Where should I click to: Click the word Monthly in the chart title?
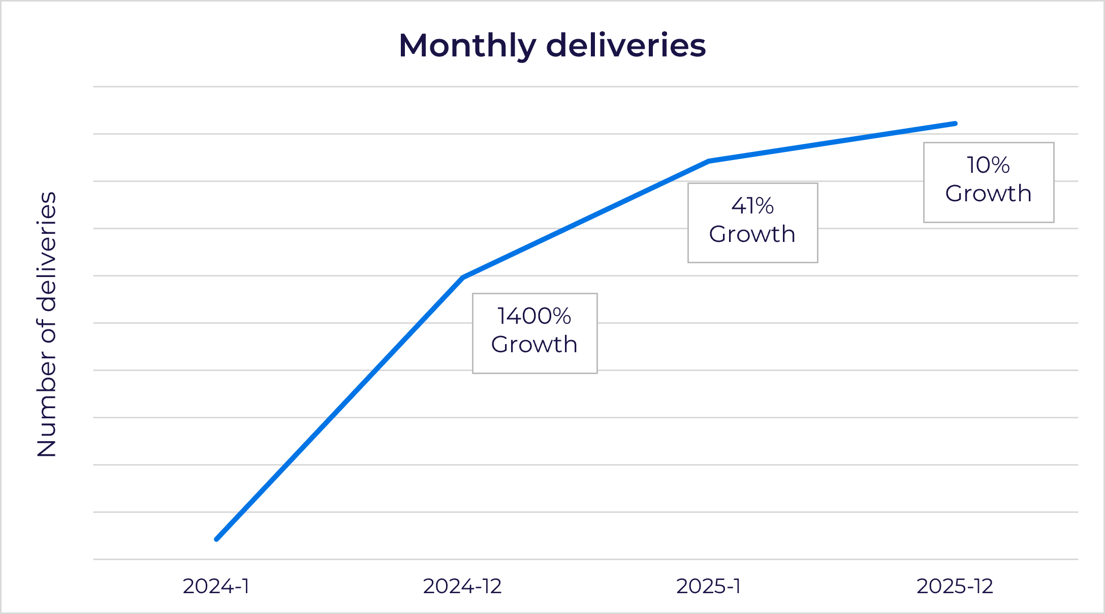click(x=467, y=46)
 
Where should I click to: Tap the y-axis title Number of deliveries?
click(x=47, y=324)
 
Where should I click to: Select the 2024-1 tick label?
click(x=216, y=587)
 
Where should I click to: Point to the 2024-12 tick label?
click(x=462, y=587)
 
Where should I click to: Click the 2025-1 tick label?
click(x=708, y=587)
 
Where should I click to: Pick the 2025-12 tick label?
click(x=954, y=587)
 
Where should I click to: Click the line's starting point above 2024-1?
click(x=217, y=539)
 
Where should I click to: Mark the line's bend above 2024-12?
click(x=463, y=278)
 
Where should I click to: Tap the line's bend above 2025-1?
click(x=709, y=161)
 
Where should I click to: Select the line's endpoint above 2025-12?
click(x=955, y=124)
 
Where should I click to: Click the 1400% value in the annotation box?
click(x=534, y=316)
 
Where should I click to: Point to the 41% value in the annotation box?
click(x=752, y=206)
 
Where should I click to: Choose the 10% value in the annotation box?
click(x=988, y=165)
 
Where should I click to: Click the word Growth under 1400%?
click(x=534, y=345)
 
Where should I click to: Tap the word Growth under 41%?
click(x=752, y=234)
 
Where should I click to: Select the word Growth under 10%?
click(x=988, y=194)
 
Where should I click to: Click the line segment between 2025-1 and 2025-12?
click(x=832, y=142)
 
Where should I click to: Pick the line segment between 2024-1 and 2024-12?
click(x=339, y=408)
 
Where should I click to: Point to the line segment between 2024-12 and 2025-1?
click(x=586, y=219)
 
